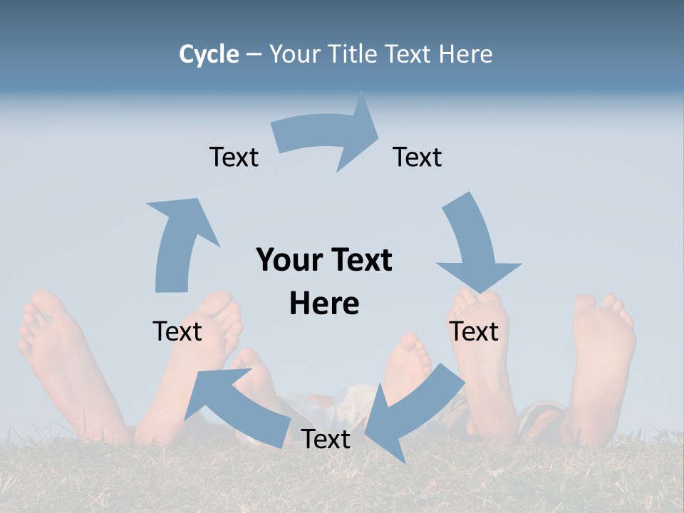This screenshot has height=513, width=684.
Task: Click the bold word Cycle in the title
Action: (x=209, y=54)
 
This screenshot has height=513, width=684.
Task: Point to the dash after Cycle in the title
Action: (x=254, y=55)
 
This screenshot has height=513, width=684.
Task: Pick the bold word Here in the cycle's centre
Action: (x=324, y=304)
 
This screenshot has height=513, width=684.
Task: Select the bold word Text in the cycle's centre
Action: (x=359, y=260)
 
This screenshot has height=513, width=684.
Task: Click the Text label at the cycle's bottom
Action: (x=326, y=439)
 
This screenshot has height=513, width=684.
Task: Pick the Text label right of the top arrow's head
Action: (x=418, y=157)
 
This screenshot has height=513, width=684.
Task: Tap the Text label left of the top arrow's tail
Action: (x=234, y=157)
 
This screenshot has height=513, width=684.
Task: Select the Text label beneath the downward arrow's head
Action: (x=474, y=331)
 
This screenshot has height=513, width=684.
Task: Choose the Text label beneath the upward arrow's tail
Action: (x=177, y=331)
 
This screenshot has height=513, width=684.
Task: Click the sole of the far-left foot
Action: (x=57, y=356)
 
